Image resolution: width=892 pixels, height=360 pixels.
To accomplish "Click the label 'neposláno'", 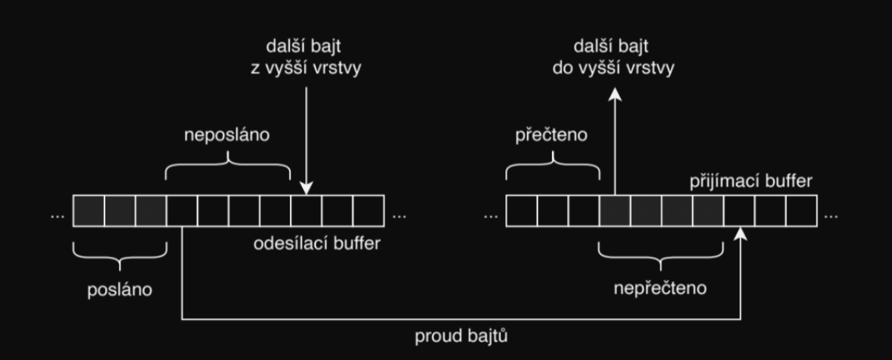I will (x=226, y=135).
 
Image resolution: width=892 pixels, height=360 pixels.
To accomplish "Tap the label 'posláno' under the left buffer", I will (x=120, y=289).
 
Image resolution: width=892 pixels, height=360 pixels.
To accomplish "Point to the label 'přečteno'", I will (x=552, y=135).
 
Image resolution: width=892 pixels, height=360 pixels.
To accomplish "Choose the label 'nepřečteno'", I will (x=660, y=287).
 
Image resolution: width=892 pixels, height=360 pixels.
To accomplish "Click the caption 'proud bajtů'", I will (x=460, y=337).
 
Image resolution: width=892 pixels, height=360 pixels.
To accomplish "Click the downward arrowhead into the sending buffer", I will (x=306, y=188).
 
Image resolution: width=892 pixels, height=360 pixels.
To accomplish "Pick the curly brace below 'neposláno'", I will (x=227, y=165).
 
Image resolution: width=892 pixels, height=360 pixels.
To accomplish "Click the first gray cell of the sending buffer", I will (x=88, y=210).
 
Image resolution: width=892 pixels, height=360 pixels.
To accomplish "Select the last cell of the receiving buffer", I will (x=801, y=210).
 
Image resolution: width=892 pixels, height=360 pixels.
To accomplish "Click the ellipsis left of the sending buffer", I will (x=57, y=215).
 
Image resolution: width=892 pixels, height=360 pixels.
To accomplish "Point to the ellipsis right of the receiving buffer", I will (x=831, y=215).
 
